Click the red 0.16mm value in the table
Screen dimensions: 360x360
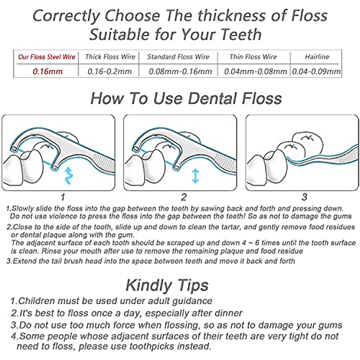pos(48,71)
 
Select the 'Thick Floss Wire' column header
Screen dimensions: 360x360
pos(110,57)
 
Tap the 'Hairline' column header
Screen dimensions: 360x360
pos(317,57)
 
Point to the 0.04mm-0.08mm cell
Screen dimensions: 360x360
pos(255,71)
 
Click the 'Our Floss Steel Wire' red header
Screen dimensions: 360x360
pos(46,57)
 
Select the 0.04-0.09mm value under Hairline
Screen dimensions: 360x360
pos(316,71)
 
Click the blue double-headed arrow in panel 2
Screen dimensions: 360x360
pos(195,175)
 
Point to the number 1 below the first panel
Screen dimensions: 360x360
pos(62,197)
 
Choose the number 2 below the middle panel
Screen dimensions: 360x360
pos(184,197)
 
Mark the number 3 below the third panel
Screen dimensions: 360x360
pos(304,197)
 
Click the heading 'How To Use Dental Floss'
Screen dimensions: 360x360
pos(186,98)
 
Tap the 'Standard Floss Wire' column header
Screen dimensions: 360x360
pos(178,57)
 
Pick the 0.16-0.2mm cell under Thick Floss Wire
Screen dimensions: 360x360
pos(109,71)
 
